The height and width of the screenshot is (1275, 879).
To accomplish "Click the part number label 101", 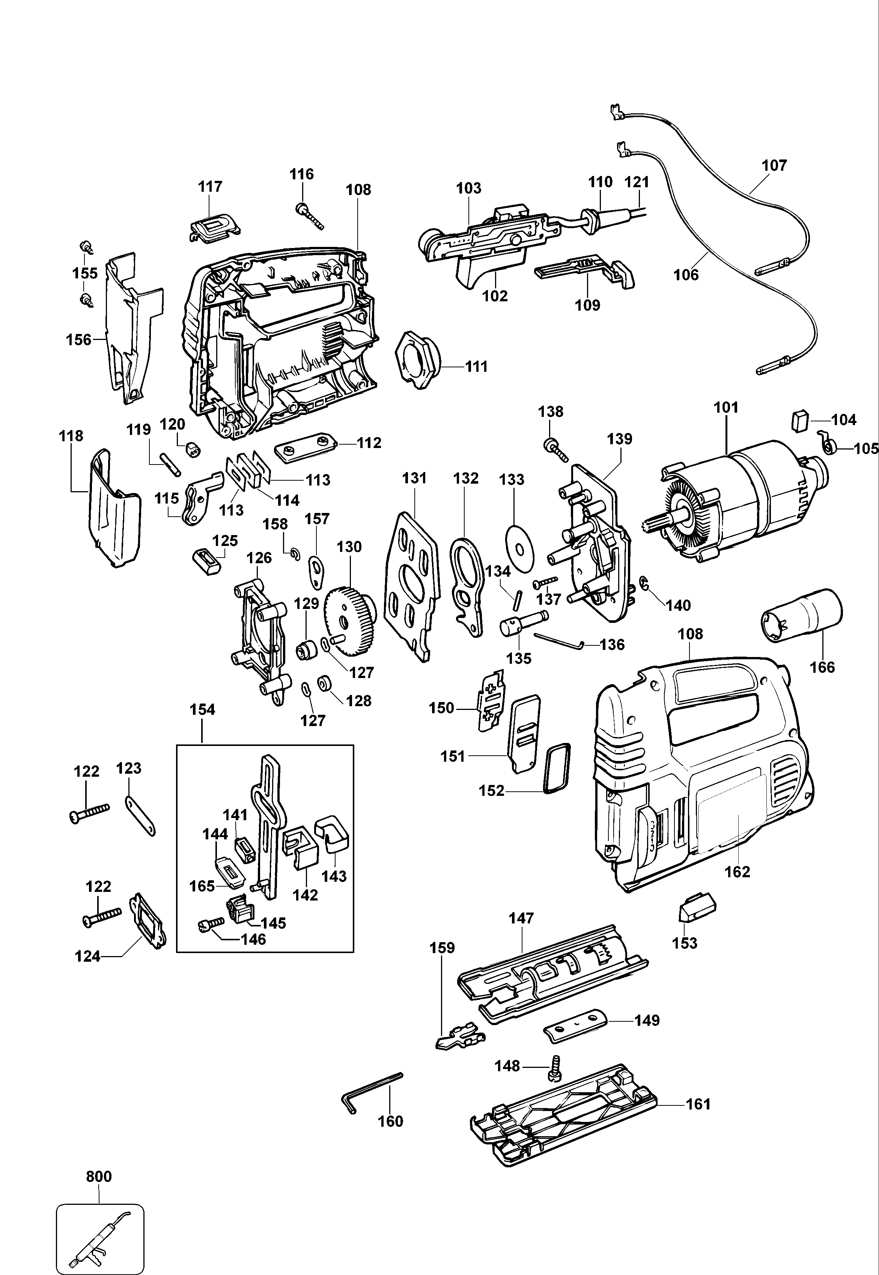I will tap(725, 408).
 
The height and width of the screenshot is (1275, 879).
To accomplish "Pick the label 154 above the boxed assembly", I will tap(202, 710).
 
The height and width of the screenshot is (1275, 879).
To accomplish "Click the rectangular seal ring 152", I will tap(558, 768).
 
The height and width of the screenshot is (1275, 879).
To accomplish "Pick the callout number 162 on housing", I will tap(737, 872).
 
